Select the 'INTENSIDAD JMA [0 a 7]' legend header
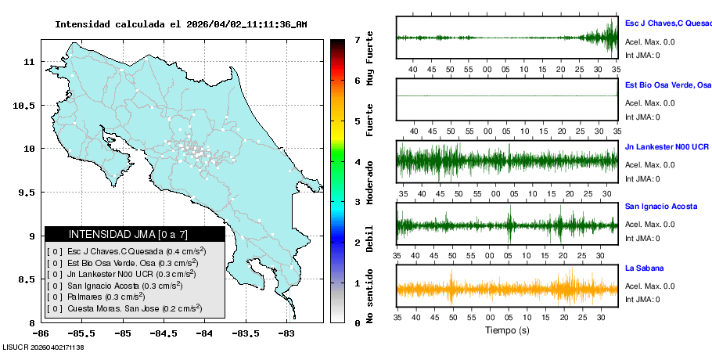pos(135,234)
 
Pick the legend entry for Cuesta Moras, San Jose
pos(124,308)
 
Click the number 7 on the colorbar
pos(356,39)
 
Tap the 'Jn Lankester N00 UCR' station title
pos(667,146)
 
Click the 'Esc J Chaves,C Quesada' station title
pos(667,23)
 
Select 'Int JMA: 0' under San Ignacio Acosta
pos(642,238)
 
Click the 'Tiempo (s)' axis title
pos(507,331)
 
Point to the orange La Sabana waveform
pos(507,289)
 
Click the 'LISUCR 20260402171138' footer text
pos(43,347)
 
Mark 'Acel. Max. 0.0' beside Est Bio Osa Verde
pos(649,103)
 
